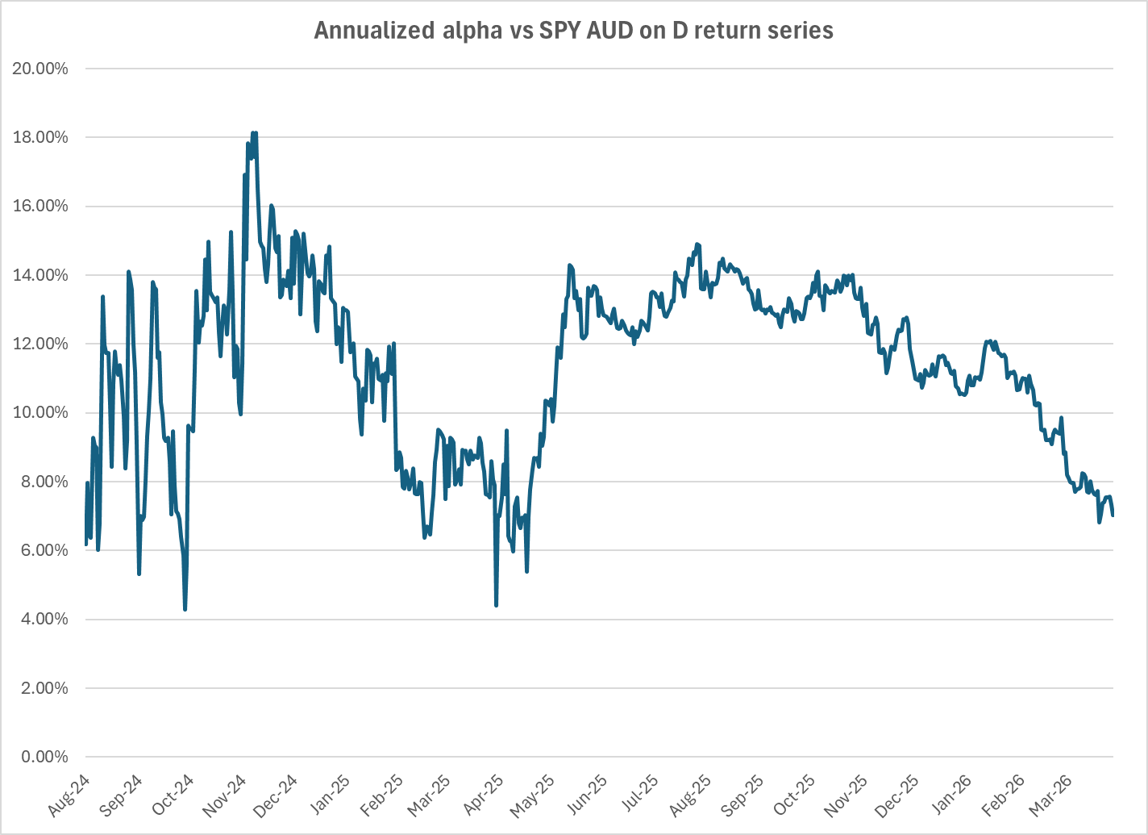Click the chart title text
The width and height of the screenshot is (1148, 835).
573,31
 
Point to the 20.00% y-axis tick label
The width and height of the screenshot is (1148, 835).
40,69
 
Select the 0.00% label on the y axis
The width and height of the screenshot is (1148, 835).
44,758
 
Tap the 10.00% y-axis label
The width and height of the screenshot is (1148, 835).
40,413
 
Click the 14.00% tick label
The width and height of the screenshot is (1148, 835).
40,275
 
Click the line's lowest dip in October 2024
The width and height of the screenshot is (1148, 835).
185,609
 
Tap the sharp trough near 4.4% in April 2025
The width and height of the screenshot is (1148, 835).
496,605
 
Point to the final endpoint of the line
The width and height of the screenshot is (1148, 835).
1113,515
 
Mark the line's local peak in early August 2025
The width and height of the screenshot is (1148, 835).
697,244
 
